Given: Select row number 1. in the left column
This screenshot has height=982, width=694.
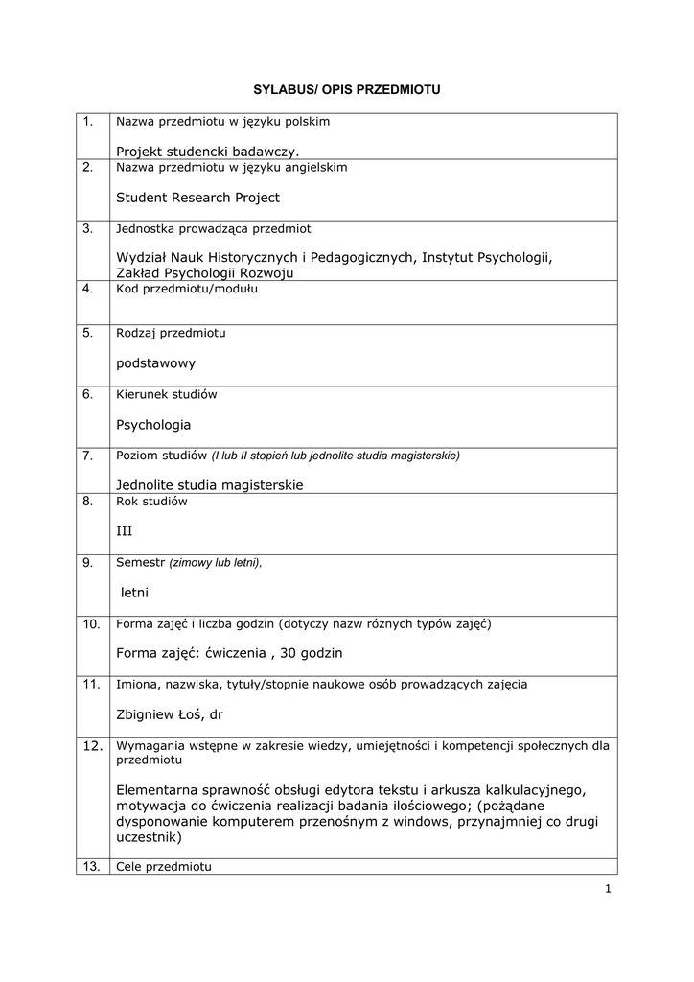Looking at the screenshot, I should [x=87, y=122].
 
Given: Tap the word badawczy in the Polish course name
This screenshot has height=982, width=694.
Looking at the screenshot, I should [x=259, y=151].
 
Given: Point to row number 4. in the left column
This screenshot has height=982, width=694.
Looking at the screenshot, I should [x=87, y=290].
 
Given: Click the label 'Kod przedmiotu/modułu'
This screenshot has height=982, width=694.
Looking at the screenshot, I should [x=173, y=290].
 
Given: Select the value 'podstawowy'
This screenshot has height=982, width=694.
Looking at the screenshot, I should [x=155, y=363].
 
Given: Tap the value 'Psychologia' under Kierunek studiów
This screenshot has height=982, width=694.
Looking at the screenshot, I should [x=153, y=424].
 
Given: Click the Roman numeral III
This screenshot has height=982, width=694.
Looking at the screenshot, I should [x=124, y=530].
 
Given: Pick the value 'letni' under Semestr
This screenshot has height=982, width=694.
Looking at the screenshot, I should [x=134, y=592].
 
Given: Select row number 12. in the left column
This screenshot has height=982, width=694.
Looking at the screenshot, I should [x=91, y=745].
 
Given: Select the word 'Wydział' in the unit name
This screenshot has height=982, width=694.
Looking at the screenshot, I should [x=141, y=257].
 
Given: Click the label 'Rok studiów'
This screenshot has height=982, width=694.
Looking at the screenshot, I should [x=151, y=501].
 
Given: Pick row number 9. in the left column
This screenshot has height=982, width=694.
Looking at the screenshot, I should [x=87, y=563].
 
